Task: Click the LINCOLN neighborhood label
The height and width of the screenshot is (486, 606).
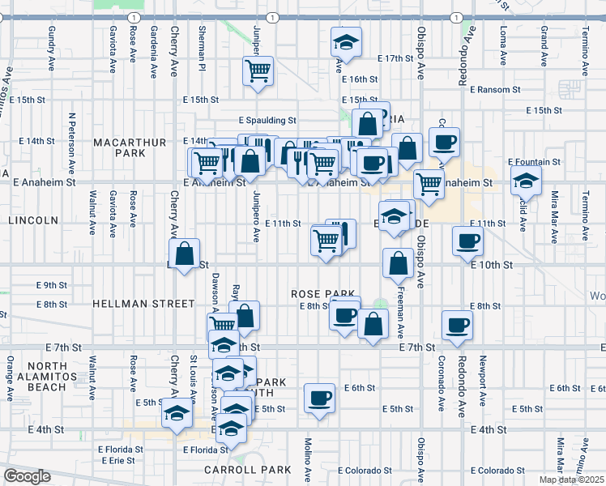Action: click(33, 220)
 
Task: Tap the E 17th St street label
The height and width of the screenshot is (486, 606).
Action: click(395, 59)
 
